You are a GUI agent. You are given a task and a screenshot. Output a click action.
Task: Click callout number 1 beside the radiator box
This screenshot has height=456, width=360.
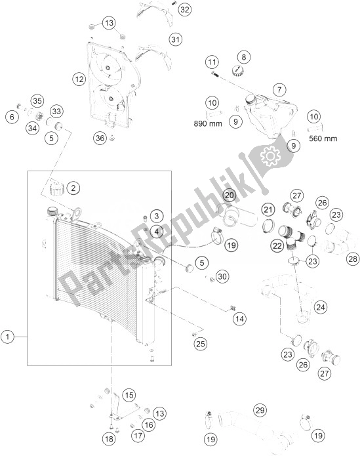(8, 337)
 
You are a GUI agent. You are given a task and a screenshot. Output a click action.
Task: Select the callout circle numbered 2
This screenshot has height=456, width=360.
(73, 188)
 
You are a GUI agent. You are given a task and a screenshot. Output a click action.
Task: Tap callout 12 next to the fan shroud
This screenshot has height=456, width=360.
(79, 79)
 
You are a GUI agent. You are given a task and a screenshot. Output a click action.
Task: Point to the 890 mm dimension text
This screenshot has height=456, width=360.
(208, 124)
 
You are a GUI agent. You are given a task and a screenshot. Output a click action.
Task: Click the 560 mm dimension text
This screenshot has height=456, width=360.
(323, 138)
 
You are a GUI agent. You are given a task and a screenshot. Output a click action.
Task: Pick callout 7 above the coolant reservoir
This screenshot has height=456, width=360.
(279, 90)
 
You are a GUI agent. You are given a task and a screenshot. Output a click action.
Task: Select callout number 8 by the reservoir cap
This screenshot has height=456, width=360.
(244, 57)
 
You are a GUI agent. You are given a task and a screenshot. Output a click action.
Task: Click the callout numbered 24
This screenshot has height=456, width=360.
(321, 307)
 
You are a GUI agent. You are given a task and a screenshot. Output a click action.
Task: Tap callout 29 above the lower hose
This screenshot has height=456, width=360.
(260, 410)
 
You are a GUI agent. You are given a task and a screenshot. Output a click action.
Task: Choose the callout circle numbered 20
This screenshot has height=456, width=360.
(230, 195)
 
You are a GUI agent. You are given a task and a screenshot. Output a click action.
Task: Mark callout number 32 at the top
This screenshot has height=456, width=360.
(185, 10)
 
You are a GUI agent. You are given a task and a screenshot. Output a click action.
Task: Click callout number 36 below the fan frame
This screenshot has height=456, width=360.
(100, 138)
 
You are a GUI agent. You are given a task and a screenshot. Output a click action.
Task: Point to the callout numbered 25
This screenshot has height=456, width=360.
(201, 344)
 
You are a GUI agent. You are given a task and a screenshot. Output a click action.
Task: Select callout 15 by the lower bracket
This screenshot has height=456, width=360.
(129, 395)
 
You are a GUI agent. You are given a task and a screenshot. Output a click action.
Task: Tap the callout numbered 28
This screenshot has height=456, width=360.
(353, 259)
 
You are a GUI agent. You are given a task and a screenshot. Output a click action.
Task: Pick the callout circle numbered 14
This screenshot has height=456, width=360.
(240, 319)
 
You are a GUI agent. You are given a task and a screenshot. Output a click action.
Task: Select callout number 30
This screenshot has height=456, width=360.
(222, 276)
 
